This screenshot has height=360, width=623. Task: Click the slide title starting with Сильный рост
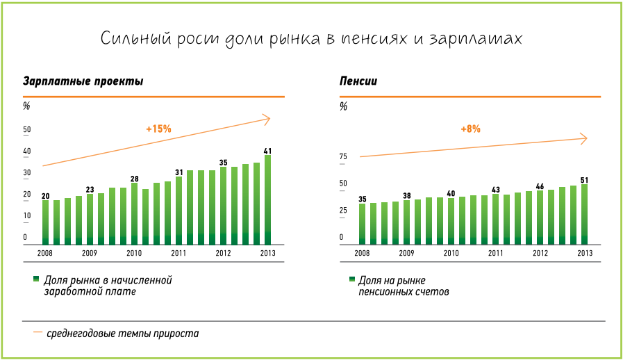click(x=310, y=38)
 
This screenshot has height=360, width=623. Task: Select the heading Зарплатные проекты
click(x=83, y=81)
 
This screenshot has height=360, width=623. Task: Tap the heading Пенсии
click(x=358, y=81)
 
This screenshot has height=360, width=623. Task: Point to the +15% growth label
click(x=158, y=129)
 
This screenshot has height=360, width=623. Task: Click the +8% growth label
click(x=470, y=129)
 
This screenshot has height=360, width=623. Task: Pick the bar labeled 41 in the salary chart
click(x=268, y=200)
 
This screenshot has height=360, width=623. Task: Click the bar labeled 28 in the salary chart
click(x=134, y=214)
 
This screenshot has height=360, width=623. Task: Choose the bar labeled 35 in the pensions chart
click(x=362, y=224)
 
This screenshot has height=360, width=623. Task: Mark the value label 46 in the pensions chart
click(x=540, y=186)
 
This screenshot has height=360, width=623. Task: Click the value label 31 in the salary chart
click(x=178, y=172)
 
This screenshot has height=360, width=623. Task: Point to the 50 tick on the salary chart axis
click(x=27, y=130)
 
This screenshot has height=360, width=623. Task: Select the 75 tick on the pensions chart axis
click(x=342, y=157)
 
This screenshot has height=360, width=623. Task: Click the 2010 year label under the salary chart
click(x=134, y=253)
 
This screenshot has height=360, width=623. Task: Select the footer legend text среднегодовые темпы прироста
click(x=123, y=334)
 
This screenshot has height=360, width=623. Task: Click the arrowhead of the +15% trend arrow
click(x=267, y=120)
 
